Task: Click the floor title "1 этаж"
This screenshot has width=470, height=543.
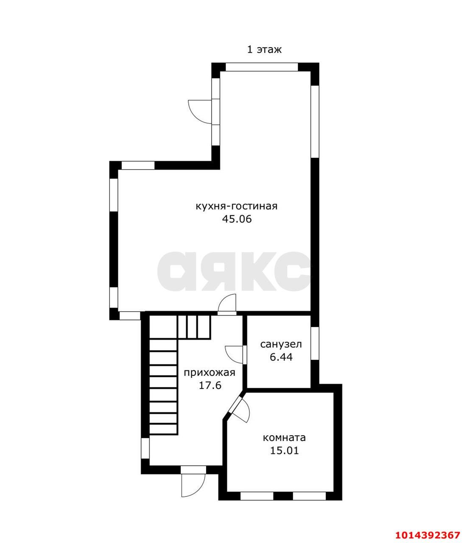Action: click(264, 49)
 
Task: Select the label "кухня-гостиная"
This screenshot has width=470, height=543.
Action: click(237, 206)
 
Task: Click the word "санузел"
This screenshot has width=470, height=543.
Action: click(281, 344)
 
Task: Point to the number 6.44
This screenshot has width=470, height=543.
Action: click(281, 357)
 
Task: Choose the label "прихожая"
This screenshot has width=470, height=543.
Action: click(210, 373)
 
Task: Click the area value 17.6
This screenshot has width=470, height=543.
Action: click(210, 386)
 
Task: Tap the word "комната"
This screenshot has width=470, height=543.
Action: click(285, 438)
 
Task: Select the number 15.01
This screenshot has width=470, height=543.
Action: click(285, 451)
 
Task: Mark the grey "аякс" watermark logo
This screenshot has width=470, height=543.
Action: click(234, 272)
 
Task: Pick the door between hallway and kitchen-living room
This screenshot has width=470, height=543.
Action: click(227, 305)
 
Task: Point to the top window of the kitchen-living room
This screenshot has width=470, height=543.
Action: click(262, 67)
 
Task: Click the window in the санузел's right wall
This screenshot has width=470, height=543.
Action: click(315, 343)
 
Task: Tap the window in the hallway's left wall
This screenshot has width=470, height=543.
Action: click(145, 448)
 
